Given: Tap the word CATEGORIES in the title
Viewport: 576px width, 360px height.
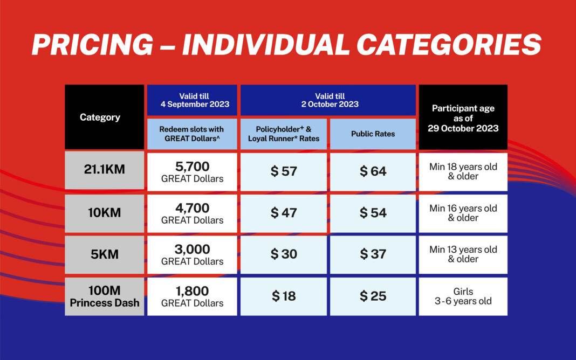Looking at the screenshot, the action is tap(449, 44).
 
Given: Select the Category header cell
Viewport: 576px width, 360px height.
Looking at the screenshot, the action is tap(104, 117).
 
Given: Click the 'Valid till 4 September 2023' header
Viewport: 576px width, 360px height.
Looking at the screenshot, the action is tap(192, 100).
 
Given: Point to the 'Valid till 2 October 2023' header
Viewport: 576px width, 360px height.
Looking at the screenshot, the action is tap(328, 100).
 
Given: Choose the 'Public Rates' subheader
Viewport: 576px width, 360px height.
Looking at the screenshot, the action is tap(373, 134).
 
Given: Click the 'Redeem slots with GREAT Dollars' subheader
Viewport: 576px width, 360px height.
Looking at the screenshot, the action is tap(192, 134).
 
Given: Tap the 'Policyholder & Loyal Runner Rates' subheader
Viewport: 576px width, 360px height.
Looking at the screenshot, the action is tap(284, 134).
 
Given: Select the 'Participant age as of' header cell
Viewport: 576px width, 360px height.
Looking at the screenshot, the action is tap(463, 117).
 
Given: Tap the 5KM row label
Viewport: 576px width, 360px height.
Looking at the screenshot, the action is tap(104, 255).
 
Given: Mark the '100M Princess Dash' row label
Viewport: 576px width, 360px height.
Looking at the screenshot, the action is tap(104, 296).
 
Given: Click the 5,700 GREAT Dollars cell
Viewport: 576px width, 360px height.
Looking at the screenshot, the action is tap(192, 172).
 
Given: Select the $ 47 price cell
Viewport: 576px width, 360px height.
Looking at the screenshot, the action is tap(284, 213).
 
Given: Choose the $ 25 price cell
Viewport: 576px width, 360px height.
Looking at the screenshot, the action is tap(373, 296).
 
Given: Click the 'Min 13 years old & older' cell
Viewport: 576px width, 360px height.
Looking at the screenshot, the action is tap(463, 255).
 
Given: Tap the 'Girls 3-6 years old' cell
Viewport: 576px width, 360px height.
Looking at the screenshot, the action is tap(463, 296).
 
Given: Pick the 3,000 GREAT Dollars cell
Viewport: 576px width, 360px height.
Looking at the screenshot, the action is tap(192, 255).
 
